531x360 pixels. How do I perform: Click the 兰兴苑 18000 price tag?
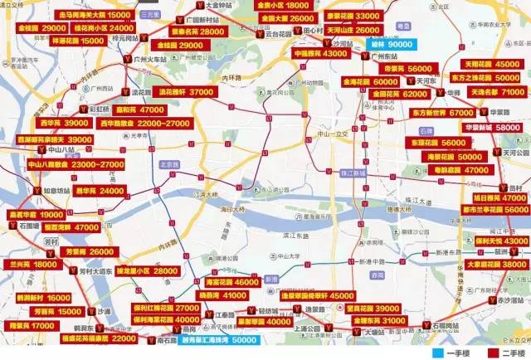(x=33, y=264)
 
